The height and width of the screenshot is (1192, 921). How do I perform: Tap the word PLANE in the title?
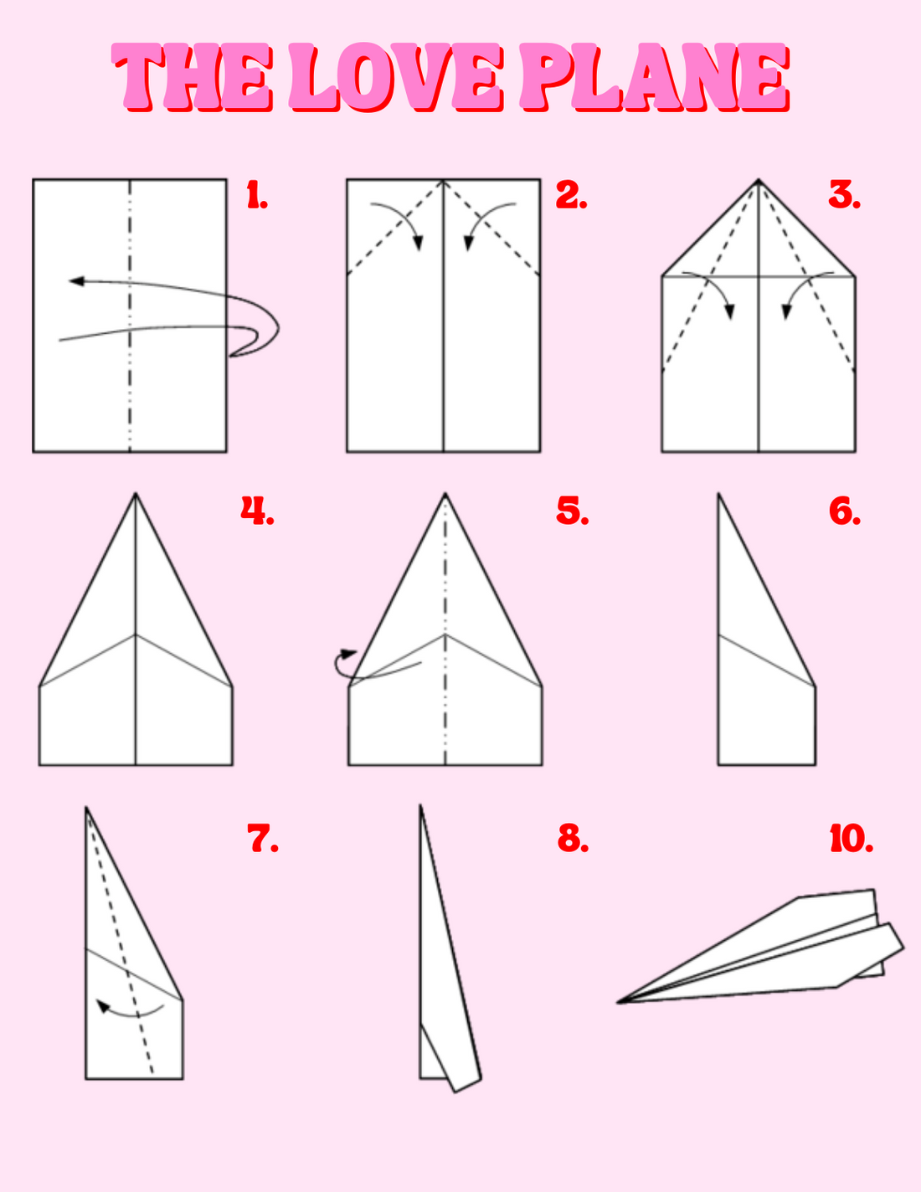click(655, 77)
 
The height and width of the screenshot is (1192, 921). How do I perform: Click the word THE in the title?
click(192, 77)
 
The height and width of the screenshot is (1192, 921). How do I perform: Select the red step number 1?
click(257, 195)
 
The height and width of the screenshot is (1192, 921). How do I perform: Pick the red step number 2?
click(571, 195)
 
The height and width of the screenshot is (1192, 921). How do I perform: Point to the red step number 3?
click(844, 195)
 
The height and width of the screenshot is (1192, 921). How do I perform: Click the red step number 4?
click(257, 511)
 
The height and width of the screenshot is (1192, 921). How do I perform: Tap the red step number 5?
click(572, 511)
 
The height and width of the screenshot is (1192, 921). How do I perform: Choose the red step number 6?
click(845, 511)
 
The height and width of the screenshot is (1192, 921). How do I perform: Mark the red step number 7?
click(263, 838)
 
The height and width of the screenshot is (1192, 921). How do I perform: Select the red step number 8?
click(573, 838)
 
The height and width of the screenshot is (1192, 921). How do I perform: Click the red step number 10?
click(851, 838)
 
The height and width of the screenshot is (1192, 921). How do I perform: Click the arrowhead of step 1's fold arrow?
click(76, 281)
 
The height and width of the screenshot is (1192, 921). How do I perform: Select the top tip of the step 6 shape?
click(718, 494)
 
